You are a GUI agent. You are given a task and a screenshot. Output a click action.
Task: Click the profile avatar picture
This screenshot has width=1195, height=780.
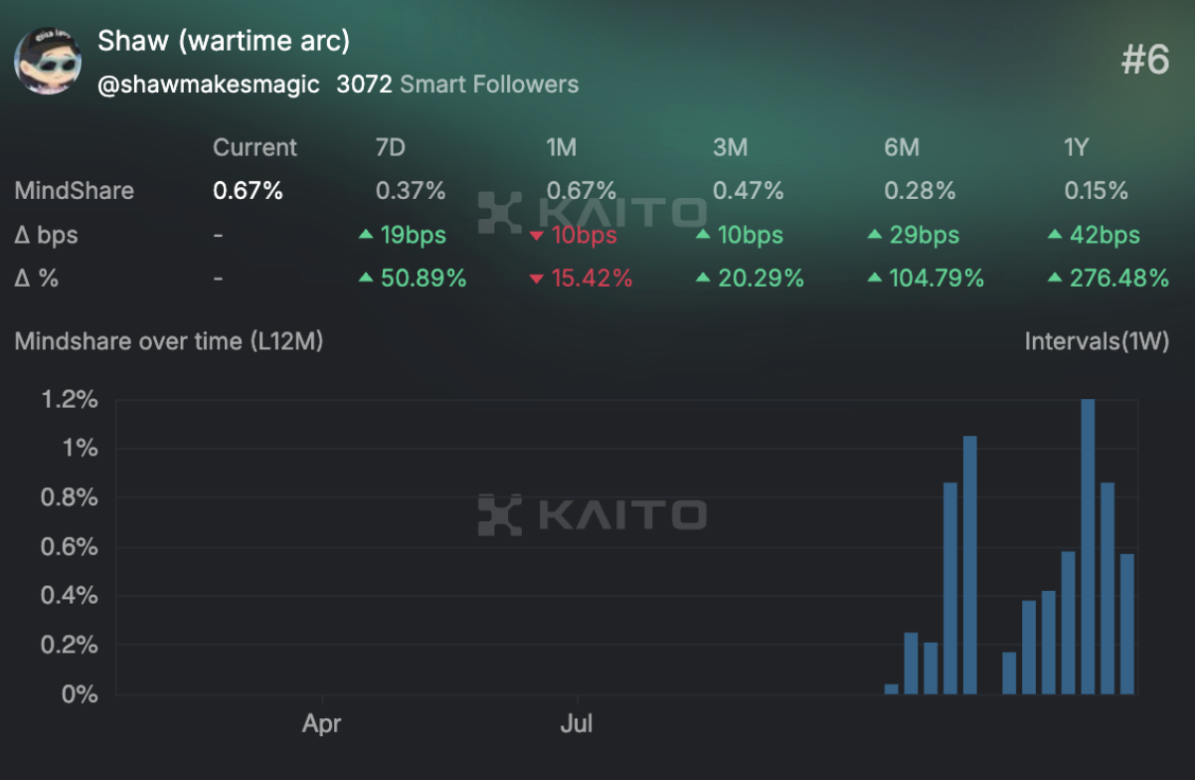tap(48, 61)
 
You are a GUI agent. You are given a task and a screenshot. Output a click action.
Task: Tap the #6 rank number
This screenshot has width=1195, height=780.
tap(1145, 61)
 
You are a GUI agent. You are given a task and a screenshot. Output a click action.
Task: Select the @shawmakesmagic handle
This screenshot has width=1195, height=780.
tap(209, 85)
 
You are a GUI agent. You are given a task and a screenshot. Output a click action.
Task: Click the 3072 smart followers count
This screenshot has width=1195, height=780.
tap(364, 85)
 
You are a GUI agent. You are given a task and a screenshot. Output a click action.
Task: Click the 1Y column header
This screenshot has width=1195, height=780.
tap(1076, 148)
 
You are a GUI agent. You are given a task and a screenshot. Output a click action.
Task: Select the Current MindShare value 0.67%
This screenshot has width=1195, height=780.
tap(248, 190)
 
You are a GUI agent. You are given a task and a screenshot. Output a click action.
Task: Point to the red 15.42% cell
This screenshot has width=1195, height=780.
tap(592, 279)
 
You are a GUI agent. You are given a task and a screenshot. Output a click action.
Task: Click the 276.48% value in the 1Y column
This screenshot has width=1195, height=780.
tap(1118, 279)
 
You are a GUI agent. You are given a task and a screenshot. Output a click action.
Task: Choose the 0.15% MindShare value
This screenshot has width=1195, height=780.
tap(1096, 190)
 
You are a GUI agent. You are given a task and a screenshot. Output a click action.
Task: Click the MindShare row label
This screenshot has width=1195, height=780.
tap(74, 190)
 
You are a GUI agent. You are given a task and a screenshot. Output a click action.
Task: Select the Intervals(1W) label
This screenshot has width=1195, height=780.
tap(1097, 341)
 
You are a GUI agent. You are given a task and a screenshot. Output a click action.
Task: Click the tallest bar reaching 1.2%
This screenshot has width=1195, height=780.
tap(1088, 547)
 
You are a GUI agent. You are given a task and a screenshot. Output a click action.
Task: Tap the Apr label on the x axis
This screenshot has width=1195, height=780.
tap(322, 723)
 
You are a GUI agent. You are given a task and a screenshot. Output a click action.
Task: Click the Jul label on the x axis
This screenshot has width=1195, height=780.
tap(577, 723)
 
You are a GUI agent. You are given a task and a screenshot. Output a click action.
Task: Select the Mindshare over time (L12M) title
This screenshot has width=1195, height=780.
tap(169, 341)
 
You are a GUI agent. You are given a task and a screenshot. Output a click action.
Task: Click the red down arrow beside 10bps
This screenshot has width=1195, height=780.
tap(537, 236)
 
